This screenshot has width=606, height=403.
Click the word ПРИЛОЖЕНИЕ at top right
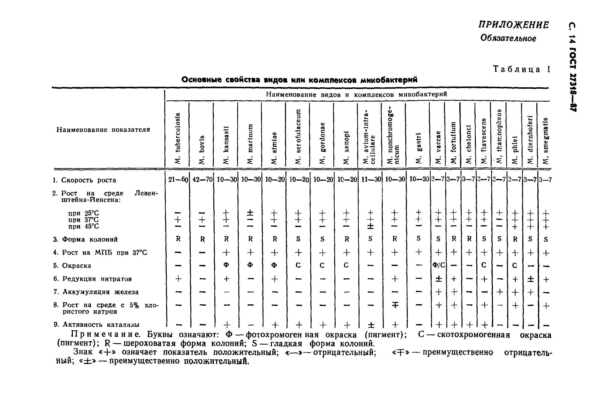(x=514, y=25)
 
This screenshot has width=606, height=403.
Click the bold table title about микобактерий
(x=299, y=80)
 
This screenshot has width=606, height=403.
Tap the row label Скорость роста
(x=84, y=180)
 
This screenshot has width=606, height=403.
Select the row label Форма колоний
(x=85, y=239)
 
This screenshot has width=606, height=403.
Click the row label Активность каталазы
(x=97, y=324)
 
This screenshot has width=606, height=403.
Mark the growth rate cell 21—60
(x=178, y=180)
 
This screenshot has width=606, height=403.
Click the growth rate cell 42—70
(x=202, y=180)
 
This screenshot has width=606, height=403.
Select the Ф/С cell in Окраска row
(x=438, y=265)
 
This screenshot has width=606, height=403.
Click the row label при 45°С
(x=83, y=227)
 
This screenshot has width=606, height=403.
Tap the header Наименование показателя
(x=103, y=130)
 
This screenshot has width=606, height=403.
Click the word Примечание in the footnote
(x=105, y=334)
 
